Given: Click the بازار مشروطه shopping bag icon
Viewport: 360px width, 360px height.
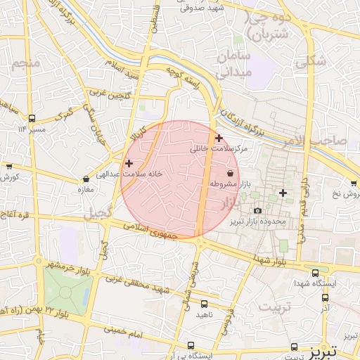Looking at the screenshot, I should (x=231, y=172).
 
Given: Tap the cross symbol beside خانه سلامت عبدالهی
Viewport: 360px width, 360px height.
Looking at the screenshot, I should (x=129, y=163).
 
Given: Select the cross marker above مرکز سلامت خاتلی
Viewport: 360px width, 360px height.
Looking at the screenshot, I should (x=219, y=138).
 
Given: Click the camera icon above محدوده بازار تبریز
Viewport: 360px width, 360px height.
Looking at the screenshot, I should (x=257, y=211).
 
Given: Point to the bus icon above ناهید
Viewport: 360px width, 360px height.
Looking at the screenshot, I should (x=204, y=304).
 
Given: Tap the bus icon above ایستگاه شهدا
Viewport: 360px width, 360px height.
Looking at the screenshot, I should (x=314, y=273).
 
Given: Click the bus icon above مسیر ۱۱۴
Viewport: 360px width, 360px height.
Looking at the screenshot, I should (x=32, y=118).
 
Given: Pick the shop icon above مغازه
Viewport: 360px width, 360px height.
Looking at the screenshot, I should (x=86, y=179).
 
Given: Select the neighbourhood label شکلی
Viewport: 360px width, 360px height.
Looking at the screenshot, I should (x=311, y=62).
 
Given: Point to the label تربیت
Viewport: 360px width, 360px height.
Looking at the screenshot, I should (x=274, y=307).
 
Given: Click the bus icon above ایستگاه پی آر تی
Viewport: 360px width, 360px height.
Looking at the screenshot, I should (x=191, y=345).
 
